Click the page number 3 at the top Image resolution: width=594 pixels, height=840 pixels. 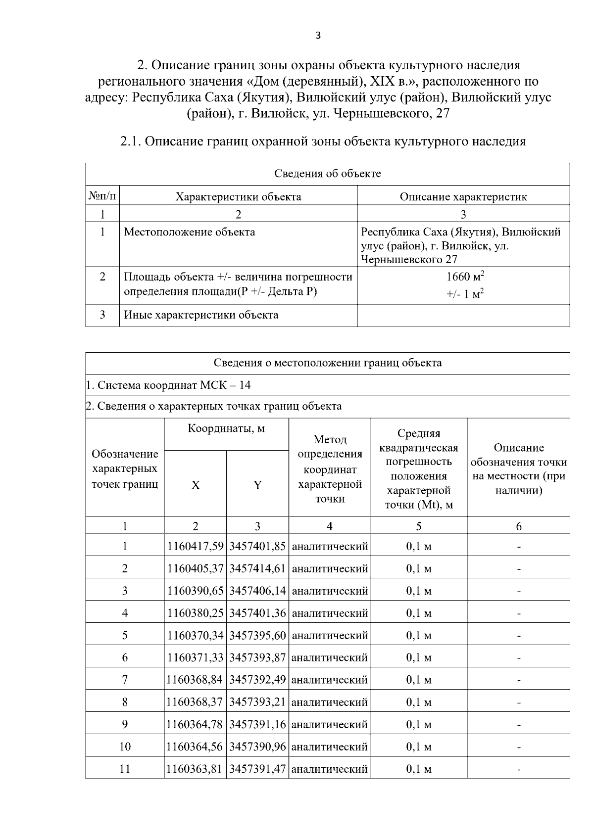click(x=318, y=35)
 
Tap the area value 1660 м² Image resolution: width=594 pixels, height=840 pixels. click(x=465, y=277)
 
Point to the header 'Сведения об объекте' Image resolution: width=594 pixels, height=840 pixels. click(x=327, y=174)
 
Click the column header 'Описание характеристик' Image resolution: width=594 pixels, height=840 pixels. click(x=463, y=196)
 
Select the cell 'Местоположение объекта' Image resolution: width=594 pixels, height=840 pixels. click(x=189, y=232)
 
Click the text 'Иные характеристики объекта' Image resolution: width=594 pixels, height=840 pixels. click(x=200, y=315)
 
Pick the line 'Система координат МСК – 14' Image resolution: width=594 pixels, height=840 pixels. click(x=168, y=385)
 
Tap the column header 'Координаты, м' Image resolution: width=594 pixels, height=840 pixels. click(x=226, y=428)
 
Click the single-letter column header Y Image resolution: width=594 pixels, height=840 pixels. click(x=257, y=485)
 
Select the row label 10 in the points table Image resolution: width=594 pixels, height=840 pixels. click(x=125, y=746)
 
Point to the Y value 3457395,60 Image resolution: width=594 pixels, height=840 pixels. click(x=257, y=635)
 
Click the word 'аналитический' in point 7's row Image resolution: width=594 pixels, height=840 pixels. click(x=329, y=680)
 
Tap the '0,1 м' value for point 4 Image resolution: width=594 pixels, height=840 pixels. click(x=418, y=613)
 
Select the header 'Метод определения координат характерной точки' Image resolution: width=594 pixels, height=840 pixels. click(x=329, y=468)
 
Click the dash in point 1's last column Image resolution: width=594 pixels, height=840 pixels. click(x=518, y=547)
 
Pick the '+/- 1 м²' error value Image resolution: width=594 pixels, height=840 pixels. click(x=465, y=294)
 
